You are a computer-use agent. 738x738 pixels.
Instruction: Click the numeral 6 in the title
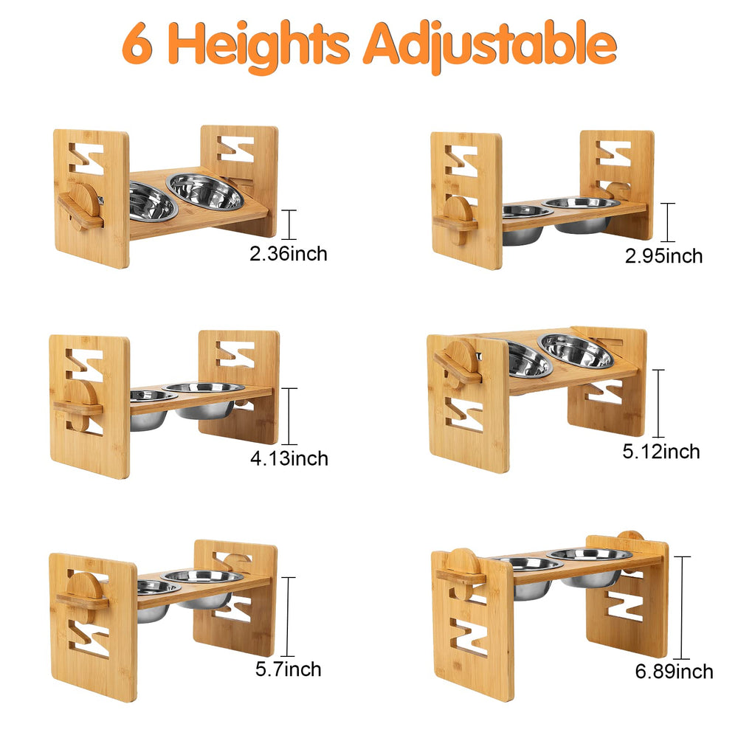click(x=137, y=44)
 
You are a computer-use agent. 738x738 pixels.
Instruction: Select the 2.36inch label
click(x=289, y=254)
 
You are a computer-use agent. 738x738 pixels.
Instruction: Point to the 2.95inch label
click(x=663, y=256)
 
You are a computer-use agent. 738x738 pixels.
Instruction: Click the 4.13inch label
click(x=289, y=458)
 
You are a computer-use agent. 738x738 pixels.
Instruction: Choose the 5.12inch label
click(x=661, y=452)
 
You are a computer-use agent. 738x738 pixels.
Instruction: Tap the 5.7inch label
click(x=289, y=669)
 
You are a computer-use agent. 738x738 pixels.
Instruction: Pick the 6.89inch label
click(x=674, y=672)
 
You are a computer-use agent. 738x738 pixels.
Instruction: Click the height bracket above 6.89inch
click(x=682, y=607)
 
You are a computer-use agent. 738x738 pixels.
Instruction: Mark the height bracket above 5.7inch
click(x=288, y=616)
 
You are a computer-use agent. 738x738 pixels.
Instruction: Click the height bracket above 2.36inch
click(x=289, y=225)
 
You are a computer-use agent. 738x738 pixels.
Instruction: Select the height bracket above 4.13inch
click(x=289, y=416)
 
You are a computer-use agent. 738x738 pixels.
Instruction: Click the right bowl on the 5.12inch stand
click(x=576, y=351)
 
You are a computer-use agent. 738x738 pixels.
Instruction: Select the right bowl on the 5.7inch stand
click(x=202, y=587)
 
